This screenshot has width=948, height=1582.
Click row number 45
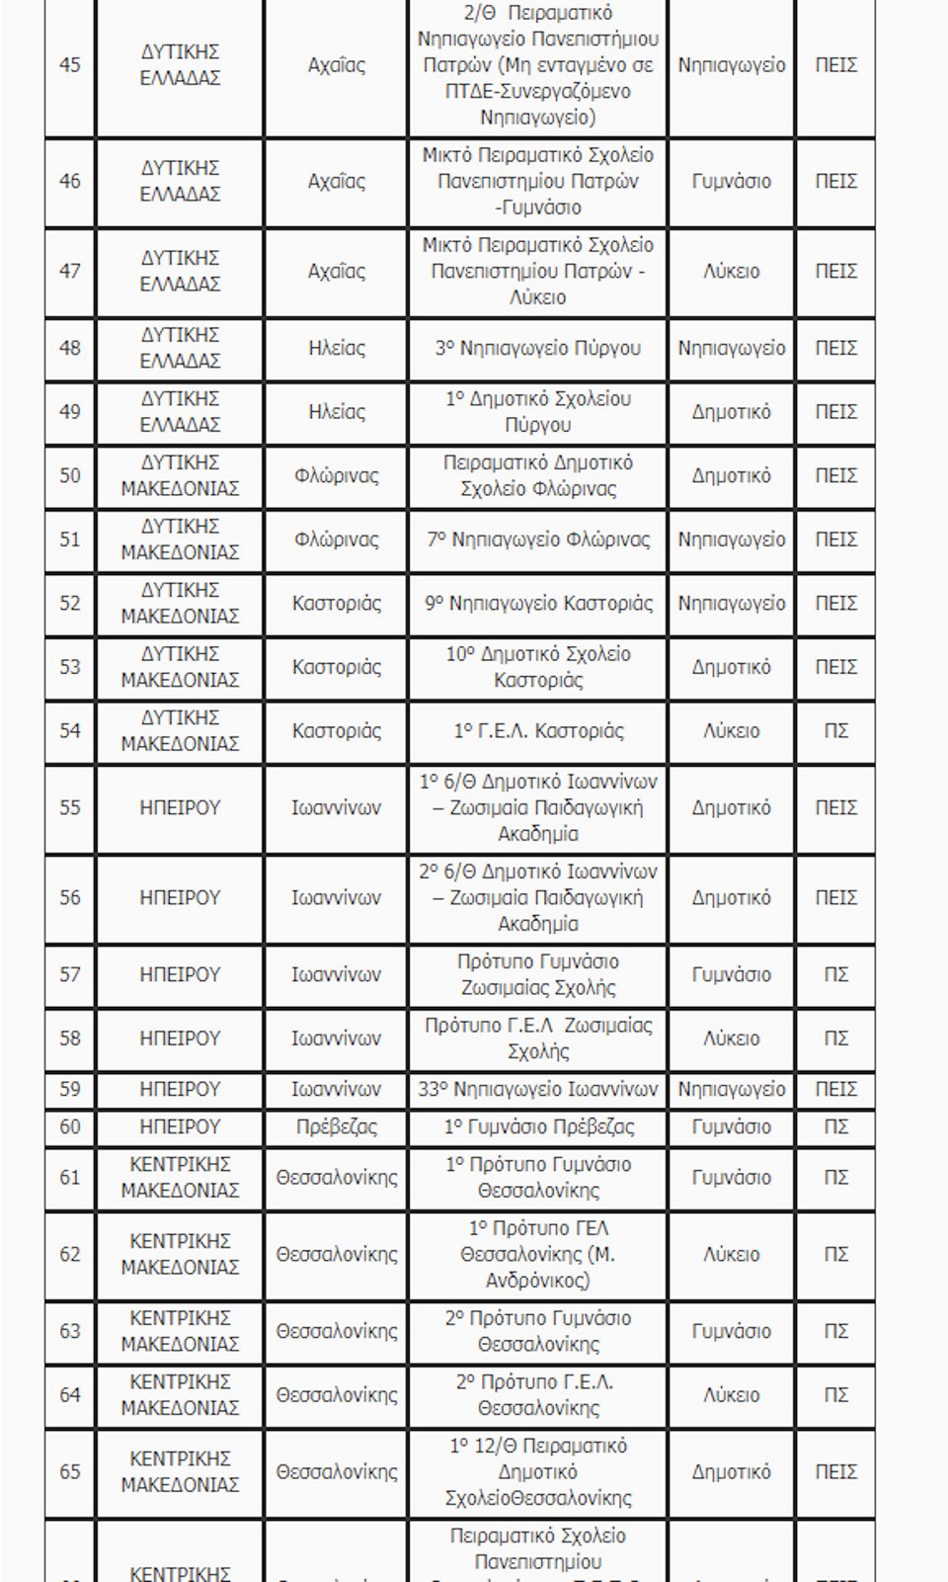70,65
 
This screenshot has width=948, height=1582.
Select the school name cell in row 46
538,182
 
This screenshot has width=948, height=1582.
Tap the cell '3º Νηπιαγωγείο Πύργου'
538,349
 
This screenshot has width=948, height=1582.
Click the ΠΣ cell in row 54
835,731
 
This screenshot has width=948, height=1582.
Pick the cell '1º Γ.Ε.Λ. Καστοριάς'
538,731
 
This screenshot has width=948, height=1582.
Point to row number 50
70,476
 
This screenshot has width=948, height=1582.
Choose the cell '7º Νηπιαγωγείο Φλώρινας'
538,540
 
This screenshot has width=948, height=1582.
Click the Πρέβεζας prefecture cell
336,1127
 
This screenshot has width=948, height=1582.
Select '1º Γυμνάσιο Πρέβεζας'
538,1127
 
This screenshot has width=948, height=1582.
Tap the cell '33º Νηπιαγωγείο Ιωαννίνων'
538,1090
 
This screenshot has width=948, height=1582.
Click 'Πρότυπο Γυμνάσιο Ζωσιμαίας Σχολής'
538,975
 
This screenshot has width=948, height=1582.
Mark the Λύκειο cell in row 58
731,1039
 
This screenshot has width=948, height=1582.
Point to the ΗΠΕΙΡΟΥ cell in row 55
180,808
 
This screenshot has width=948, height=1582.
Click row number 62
70,1255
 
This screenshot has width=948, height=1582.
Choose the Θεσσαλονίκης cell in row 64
336,1395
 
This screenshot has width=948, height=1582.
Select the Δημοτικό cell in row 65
731,1472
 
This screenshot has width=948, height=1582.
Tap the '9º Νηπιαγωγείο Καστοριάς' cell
538,604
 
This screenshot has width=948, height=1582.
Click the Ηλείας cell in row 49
336,412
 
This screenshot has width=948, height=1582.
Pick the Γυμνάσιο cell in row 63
731,1332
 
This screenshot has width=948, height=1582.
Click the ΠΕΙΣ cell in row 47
835,272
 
